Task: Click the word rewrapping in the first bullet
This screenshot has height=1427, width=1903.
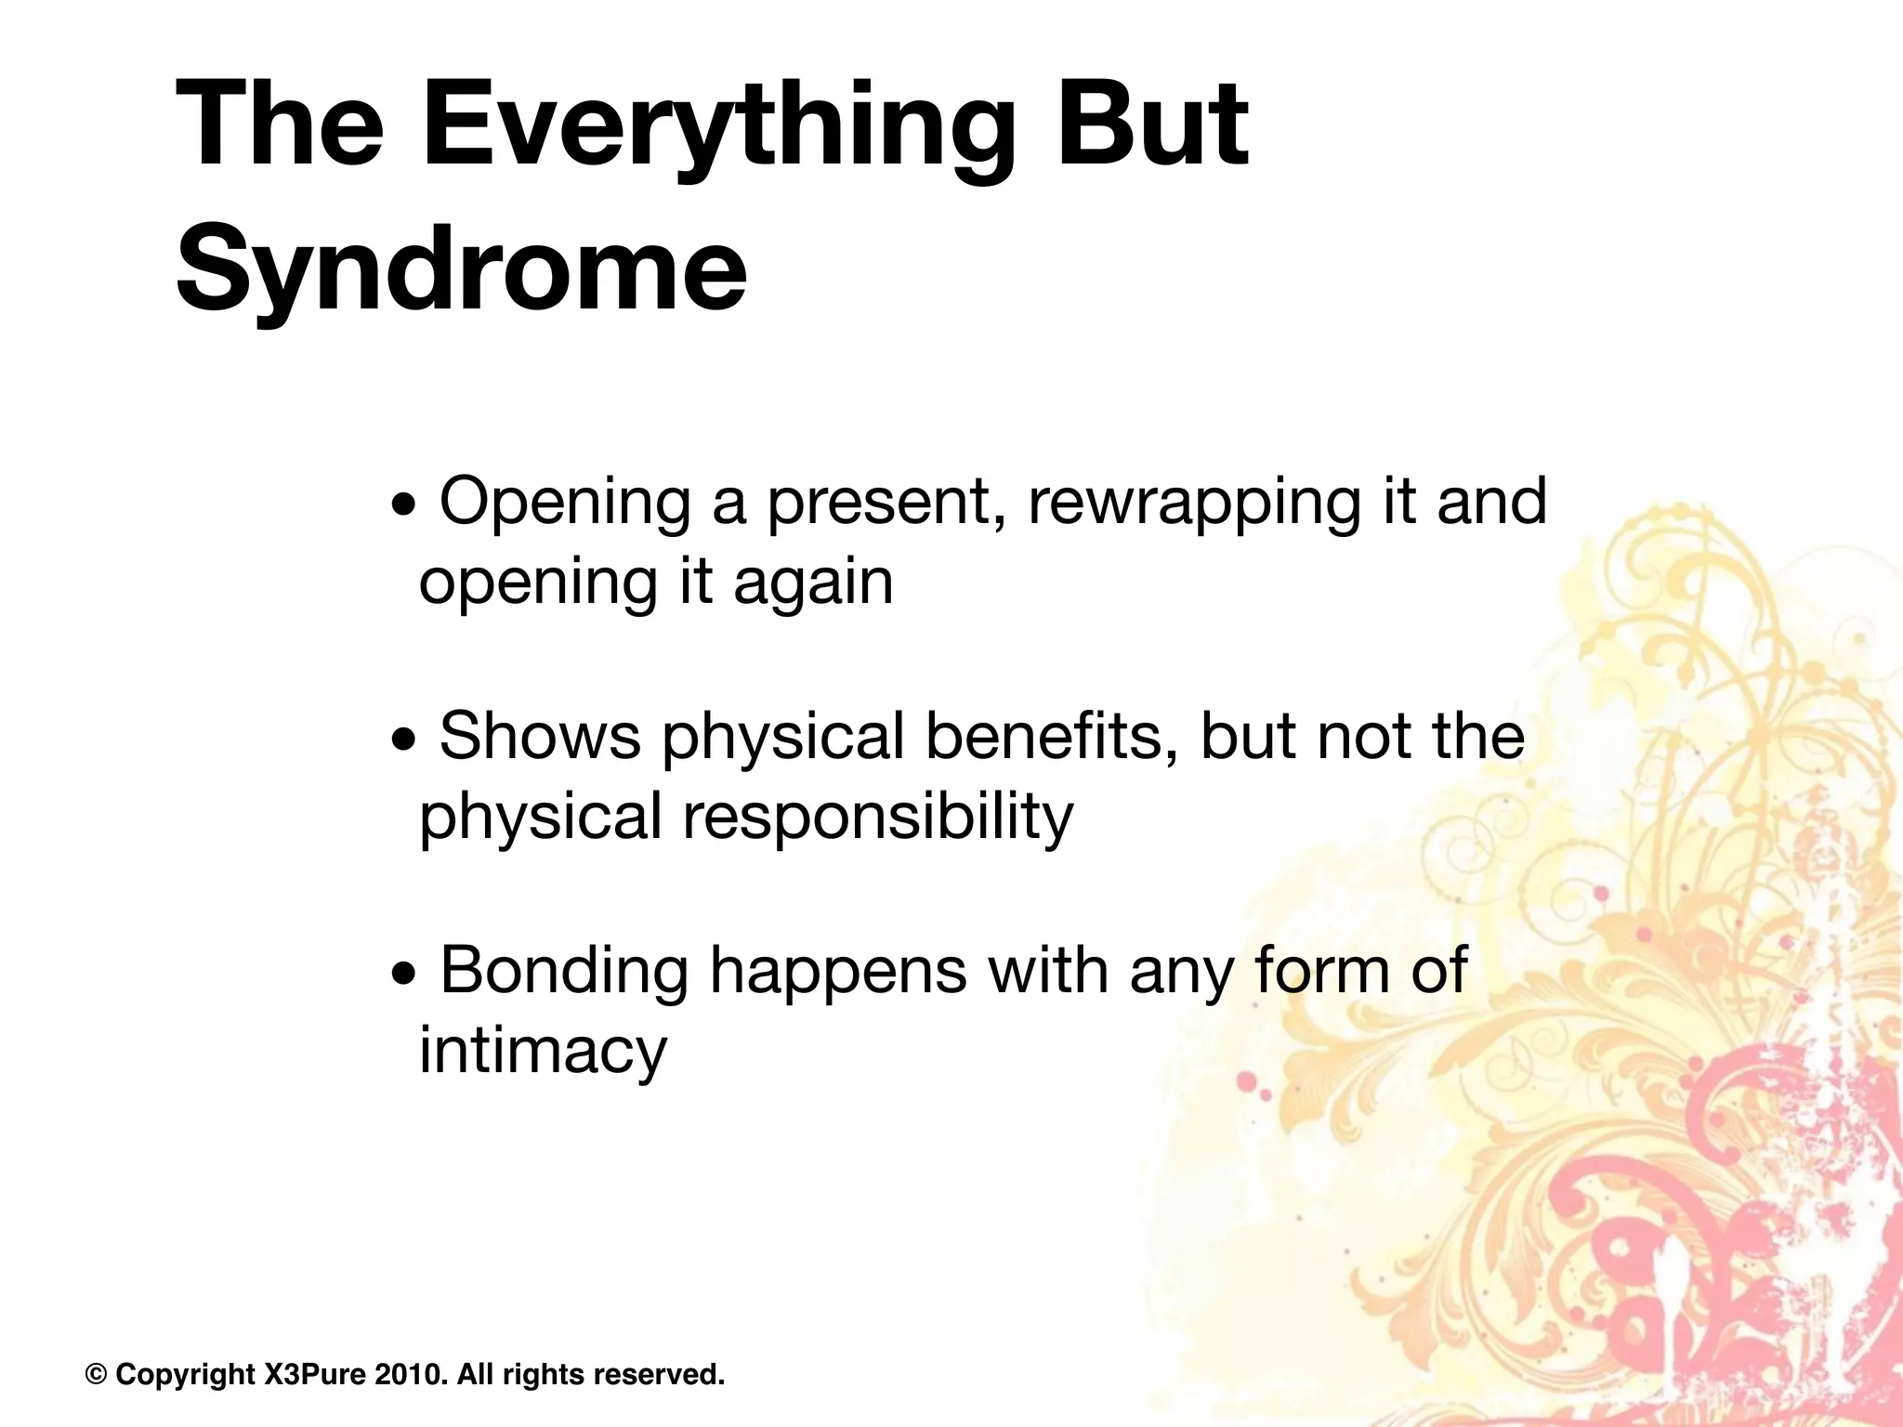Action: [x=1194, y=503]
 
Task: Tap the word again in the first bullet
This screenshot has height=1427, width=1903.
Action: [x=813, y=583]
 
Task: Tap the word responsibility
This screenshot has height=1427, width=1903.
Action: [x=877, y=818]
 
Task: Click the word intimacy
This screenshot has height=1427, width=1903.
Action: [x=543, y=1052]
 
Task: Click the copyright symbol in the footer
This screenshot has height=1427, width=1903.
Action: [x=96, y=1374]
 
